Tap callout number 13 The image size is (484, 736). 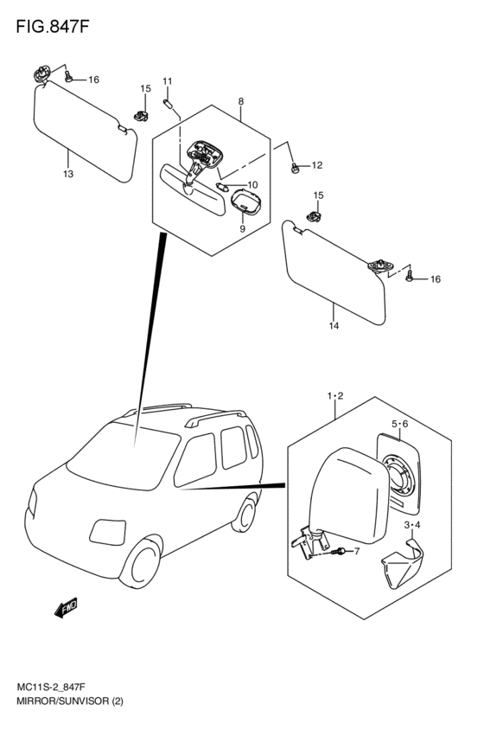click(67, 175)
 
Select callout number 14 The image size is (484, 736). click(334, 326)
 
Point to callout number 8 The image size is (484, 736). click(240, 102)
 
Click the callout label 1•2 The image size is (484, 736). click(335, 396)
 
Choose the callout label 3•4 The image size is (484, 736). click(412, 525)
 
